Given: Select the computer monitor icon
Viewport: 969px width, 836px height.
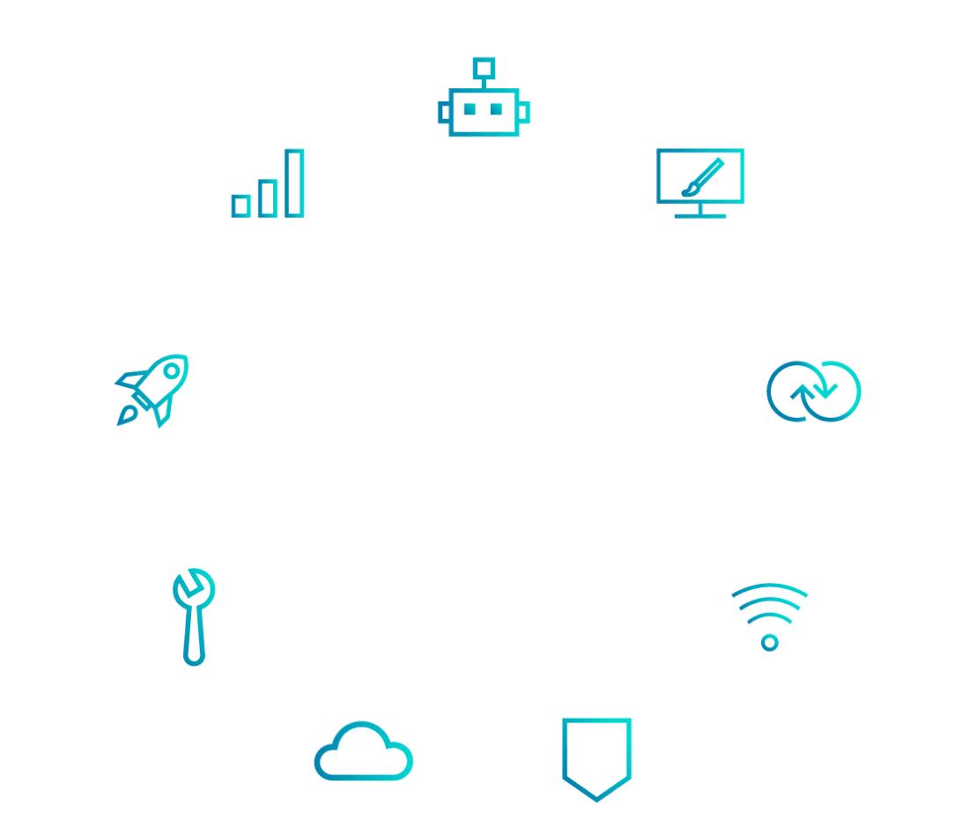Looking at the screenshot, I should click(700, 182).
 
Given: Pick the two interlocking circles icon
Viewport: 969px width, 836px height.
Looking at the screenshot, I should click(813, 390).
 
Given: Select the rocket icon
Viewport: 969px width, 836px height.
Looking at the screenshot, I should click(153, 390).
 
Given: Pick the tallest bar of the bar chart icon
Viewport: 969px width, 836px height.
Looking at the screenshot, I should click(294, 183).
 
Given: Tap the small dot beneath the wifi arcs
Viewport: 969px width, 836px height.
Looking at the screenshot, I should click(769, 642).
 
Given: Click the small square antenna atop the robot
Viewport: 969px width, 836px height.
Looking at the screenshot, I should click(483, 66).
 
